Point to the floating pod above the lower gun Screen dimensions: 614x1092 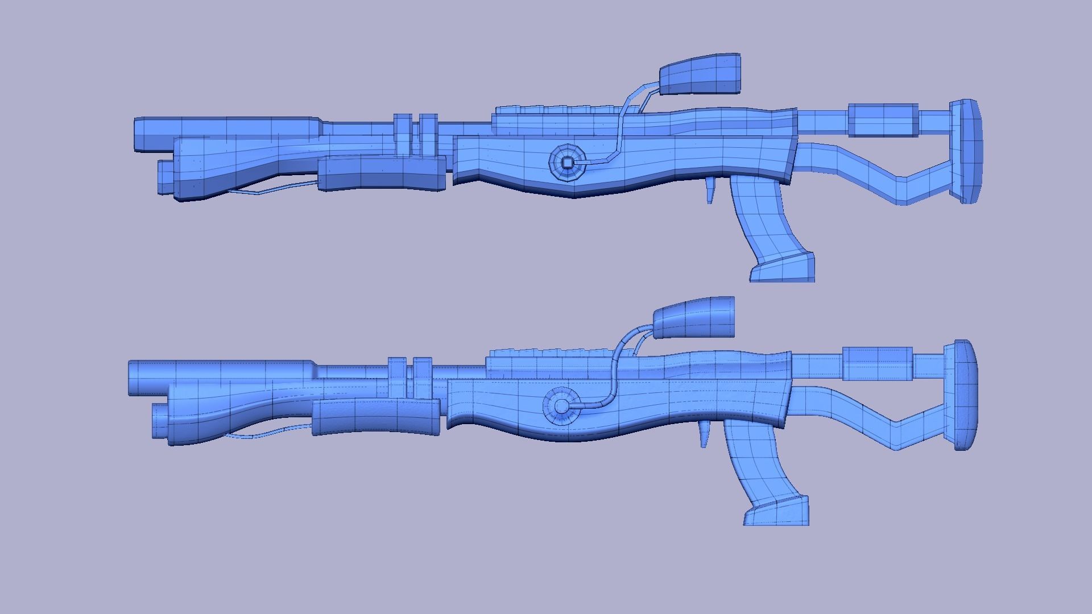point(694,317)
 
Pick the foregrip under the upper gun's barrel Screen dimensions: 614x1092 point(381,173)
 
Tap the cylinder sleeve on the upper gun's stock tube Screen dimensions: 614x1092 point(883,121)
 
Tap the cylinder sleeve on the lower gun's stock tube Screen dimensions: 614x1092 point(878,364)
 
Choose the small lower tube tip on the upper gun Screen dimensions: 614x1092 point(165,177)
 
